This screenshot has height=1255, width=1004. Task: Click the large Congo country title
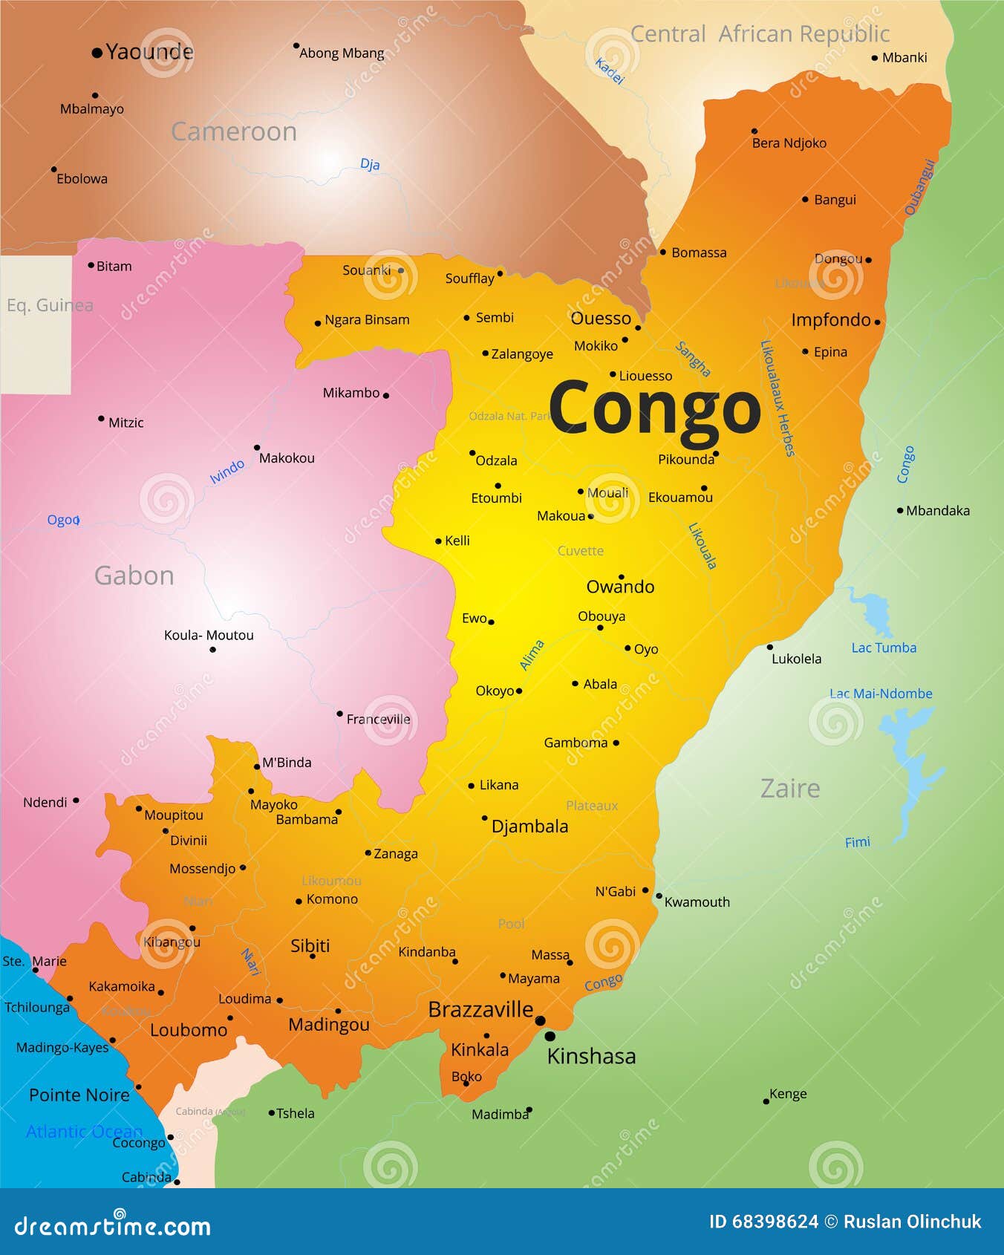[654, 408]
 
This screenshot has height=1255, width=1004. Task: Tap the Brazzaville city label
[480, 1010]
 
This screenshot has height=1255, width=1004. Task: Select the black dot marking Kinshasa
[550, 1036]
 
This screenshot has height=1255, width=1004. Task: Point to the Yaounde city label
[149, 52]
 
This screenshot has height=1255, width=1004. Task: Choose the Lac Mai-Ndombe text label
[881, 694]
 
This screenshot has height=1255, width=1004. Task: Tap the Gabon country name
[134, 576]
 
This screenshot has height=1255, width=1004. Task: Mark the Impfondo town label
[830, 320]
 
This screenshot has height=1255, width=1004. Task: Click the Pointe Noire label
[79, 1095]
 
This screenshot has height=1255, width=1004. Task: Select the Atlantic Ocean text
[83, 1131]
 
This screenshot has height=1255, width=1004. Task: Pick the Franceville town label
[378, 719]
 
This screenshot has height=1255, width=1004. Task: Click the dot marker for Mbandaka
[900, 510]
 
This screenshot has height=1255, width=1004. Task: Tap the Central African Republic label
[760, 34]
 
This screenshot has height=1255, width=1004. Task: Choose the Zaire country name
[790, 788]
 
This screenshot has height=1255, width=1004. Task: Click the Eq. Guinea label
[49, 305]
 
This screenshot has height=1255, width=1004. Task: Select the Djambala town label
[529, 827]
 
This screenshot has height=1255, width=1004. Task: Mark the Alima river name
[532, 655]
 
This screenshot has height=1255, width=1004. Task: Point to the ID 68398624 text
[763, 1222]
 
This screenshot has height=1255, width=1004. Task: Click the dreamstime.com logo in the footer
[113, 1226]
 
